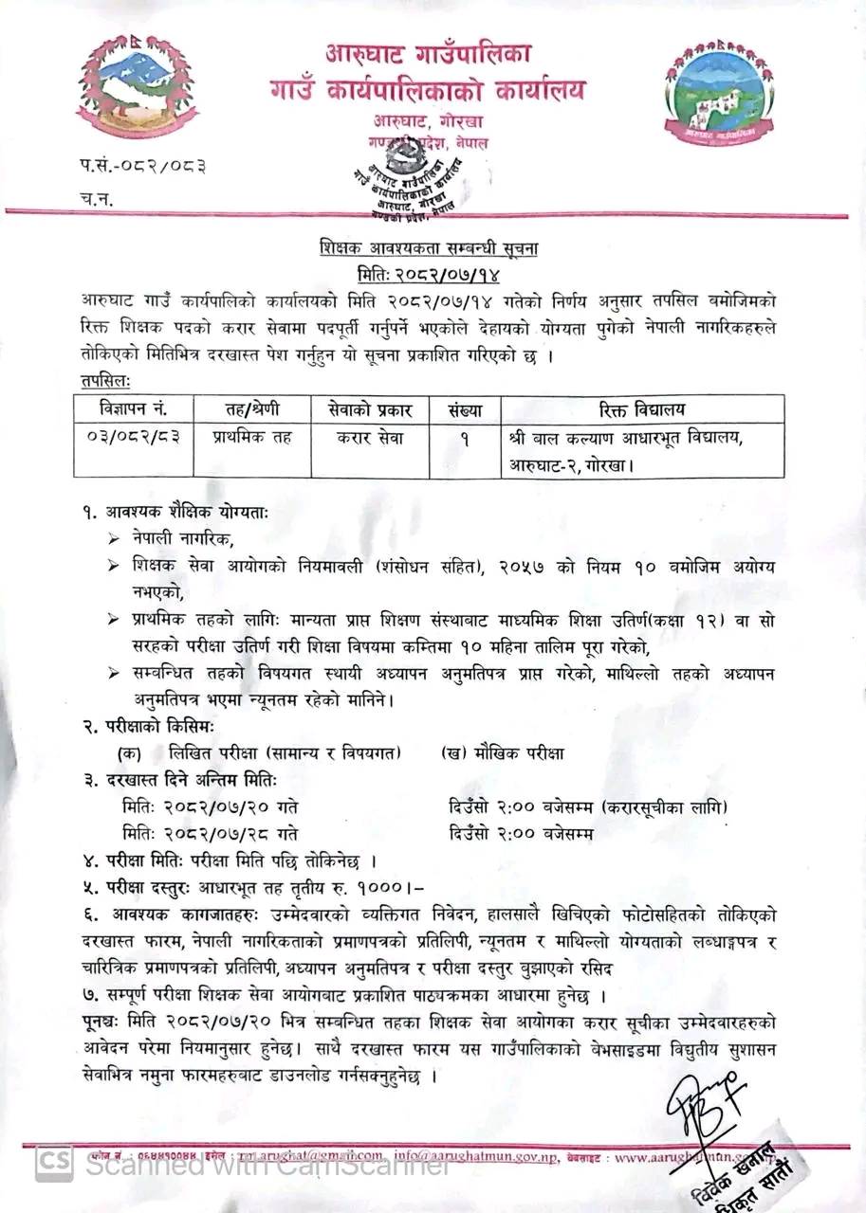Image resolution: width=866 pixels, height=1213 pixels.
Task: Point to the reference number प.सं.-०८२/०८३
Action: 143,167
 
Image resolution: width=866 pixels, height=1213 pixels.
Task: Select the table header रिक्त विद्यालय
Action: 642,409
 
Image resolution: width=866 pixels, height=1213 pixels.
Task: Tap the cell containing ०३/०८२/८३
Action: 132,437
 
